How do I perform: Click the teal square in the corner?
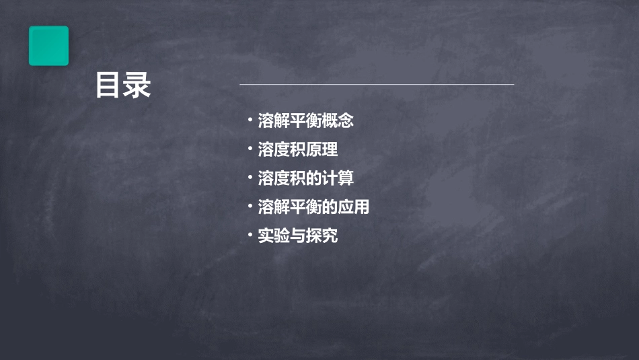click(48, 46)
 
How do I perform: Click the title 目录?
click(123, 85)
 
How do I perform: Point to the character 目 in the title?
click(108, 85)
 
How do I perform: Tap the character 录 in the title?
click(138, 85)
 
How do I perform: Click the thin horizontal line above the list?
click(377, 85)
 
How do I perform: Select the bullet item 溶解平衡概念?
click(305, 121)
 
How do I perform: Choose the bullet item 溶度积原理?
click(297, 149)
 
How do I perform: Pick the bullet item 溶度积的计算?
click(305, 178)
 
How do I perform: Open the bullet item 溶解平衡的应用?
click(313, 207)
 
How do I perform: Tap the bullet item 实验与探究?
click(297, 236)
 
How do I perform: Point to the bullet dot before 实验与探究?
click(250, 236)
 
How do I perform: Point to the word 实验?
click(274, 236)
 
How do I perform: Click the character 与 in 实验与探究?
click(297, 236)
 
